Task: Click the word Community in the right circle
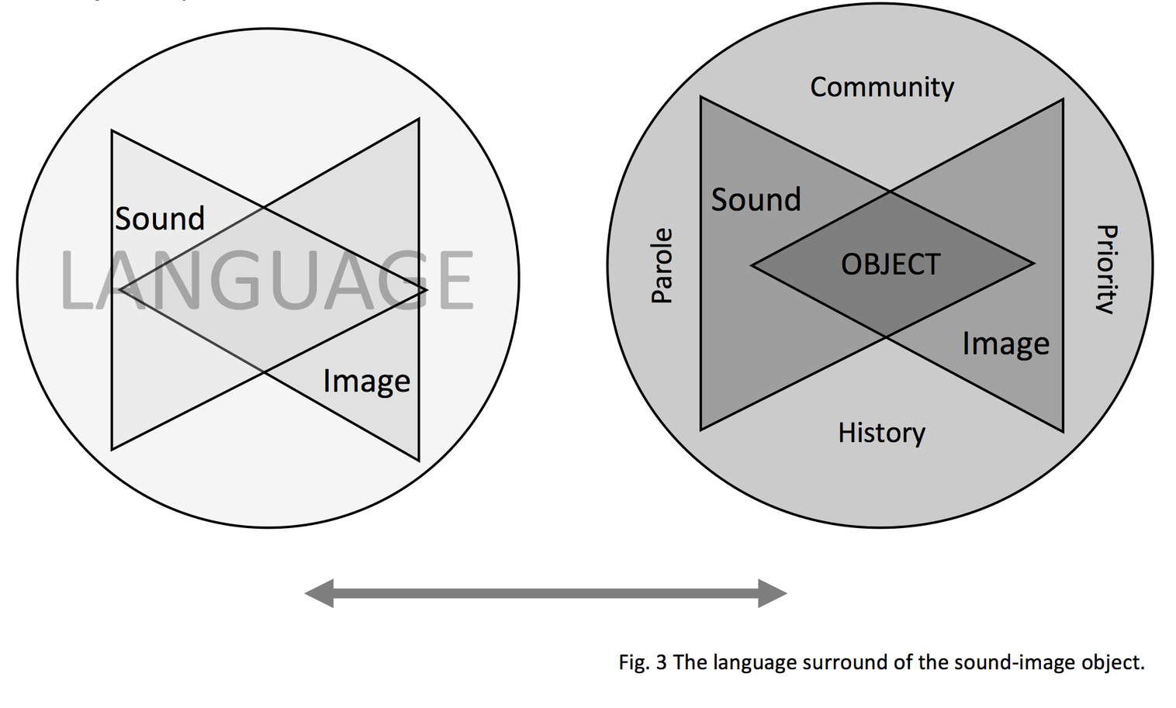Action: (882, 88)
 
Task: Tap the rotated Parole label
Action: (662, 265)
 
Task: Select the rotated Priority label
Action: (1106, 268)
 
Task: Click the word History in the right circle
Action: (881, 433)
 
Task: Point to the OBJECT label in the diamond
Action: (891, 264)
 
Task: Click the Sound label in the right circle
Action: (756, 200)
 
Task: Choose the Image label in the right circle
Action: (1005, 344)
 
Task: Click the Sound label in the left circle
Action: (160, 219)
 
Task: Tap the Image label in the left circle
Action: (366, 382)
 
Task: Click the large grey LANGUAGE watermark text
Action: (266, 281)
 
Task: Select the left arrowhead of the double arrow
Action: (320, 593)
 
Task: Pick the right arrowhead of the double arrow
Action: (772, 593)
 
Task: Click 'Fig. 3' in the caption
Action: (642, 662)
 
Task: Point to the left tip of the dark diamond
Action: (752, 265)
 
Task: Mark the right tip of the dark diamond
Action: (1033, 264)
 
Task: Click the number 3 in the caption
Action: (661, 662)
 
